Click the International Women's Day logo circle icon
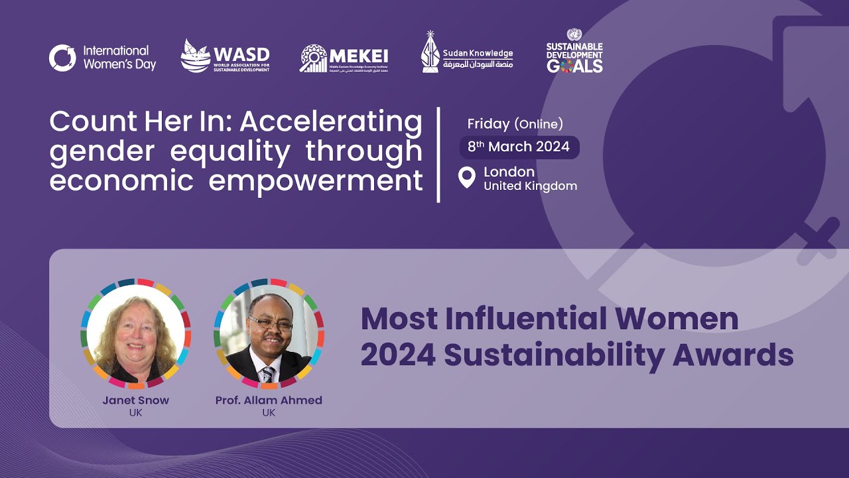click(62, 58)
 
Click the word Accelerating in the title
click(330, 121)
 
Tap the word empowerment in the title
click(316, 181)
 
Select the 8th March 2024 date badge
click(519, 147)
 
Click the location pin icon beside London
click(467, 177)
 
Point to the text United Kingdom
click(530, 187)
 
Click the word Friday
click(488, 123)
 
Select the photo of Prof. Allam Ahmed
click(269, 335)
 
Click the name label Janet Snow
click(135, 400)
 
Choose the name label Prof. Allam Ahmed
click(269, 400)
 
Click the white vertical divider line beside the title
click(438, 154)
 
